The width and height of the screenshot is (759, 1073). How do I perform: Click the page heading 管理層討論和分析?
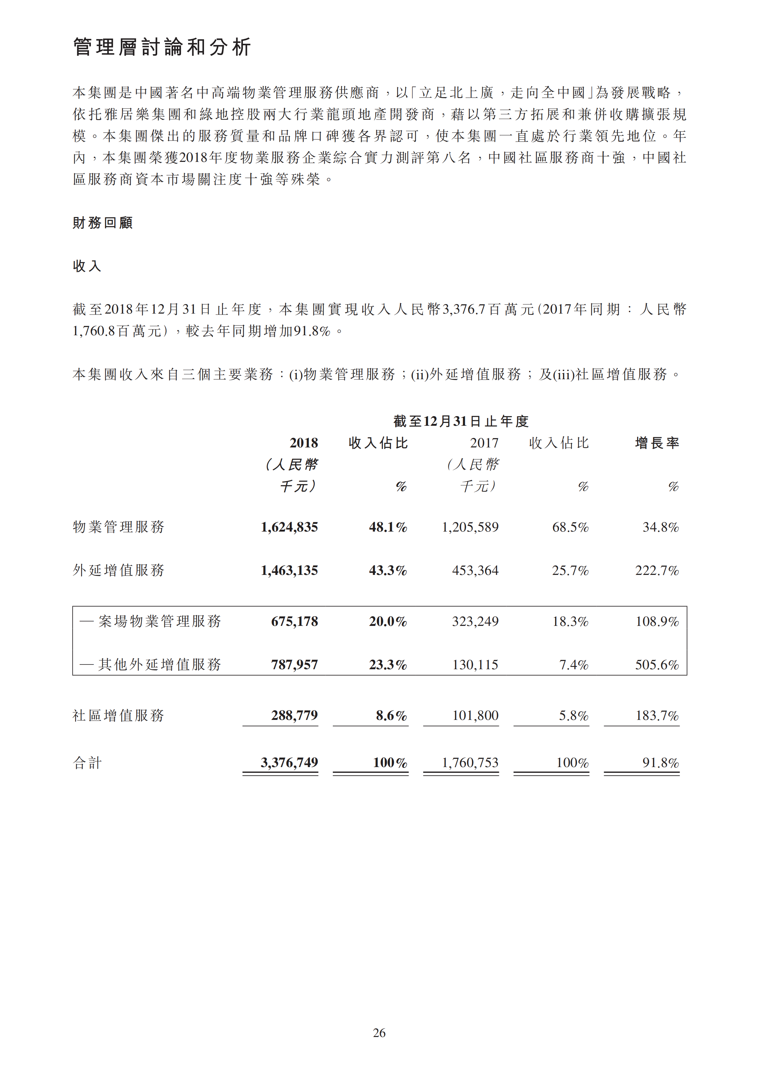pos(162,47)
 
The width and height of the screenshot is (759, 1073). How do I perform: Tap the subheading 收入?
pos(87,266)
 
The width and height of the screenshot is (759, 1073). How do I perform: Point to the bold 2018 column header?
pos(303,443)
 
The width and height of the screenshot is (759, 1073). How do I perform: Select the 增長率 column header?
pos(657,443)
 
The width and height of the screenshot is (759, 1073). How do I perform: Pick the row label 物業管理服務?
pos(119,527)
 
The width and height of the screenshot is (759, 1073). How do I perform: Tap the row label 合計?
pos(87,763)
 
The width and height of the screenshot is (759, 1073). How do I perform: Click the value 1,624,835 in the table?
pos(289,527)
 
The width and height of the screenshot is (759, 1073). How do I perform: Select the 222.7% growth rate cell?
pos(657,571)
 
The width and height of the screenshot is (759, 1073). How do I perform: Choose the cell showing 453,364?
pos(475,571)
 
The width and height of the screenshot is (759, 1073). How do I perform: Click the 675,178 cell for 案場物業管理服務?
pos(295,621)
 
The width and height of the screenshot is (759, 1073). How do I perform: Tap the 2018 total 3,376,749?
pos(289,763)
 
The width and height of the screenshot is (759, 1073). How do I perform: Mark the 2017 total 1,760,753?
pos(470,763)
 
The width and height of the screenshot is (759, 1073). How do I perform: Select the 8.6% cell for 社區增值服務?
pos(391,715)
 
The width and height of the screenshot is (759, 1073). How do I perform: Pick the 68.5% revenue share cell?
pos(570,527)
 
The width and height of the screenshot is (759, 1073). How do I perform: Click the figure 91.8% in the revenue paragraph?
pos(312,331)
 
